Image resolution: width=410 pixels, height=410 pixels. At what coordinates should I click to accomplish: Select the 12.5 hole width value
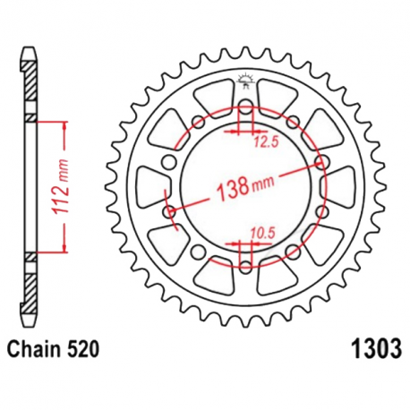click(x=263, y=141)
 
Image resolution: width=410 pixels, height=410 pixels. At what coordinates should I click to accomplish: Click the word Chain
click(x=37, y=346)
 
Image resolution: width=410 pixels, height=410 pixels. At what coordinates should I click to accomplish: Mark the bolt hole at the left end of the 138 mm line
click(x=170, y=212)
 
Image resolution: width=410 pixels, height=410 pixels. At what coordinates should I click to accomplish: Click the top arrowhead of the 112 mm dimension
click(x=64, y=124)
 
